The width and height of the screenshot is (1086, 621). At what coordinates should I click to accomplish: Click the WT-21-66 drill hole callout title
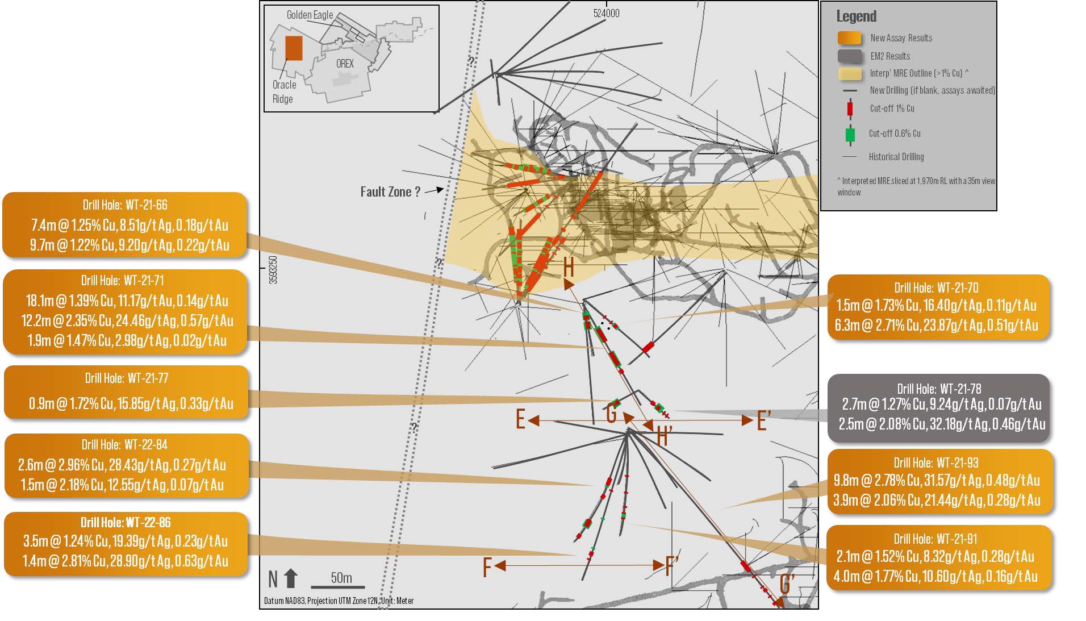(125, 205)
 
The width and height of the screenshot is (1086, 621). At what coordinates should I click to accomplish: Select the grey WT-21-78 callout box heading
(939, 389)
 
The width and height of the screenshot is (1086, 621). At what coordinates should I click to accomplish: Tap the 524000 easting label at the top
(606, 13)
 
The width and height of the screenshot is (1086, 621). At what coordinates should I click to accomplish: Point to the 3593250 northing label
(273, 270)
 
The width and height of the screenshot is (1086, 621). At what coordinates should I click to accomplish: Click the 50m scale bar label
(341, 578)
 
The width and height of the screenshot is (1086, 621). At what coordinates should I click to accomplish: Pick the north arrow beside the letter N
(291, 578)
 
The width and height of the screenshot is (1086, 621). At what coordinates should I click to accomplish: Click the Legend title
(856, 16)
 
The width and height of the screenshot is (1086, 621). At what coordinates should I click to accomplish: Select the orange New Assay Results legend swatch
(849, 38)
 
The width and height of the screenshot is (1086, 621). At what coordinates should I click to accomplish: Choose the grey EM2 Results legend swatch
(849, 56)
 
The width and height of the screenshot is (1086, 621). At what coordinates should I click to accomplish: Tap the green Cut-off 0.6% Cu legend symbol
(850, 135)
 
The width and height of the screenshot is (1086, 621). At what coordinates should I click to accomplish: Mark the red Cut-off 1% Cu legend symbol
(850, 108)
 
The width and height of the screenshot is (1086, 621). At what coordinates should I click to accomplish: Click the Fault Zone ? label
(390, 192)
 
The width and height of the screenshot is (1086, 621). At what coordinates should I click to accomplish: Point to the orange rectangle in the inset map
(294, 48)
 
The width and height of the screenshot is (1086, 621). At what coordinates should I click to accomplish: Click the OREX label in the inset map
(345, 64)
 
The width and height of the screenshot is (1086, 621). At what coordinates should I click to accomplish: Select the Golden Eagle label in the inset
(310, 15)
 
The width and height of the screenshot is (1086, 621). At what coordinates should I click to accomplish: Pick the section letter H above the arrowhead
(569, 266)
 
